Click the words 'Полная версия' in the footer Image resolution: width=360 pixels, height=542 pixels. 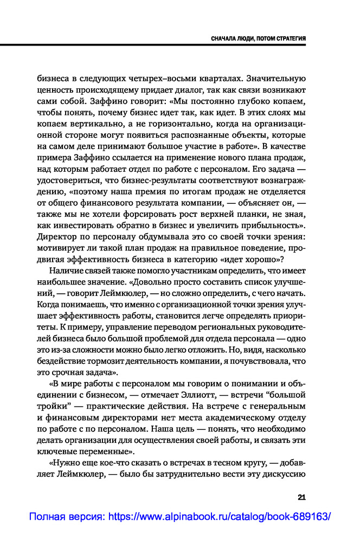[66, 517]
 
